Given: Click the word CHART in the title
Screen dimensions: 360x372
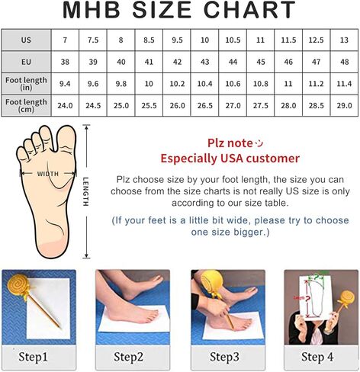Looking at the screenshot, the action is (249, 10).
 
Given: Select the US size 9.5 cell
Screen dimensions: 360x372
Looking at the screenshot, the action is (177, 40).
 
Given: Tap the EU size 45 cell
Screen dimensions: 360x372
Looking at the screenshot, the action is (261, 62).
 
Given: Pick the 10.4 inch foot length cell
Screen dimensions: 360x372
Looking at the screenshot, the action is (204, 84).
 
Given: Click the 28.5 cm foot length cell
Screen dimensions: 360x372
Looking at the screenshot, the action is (317, 106).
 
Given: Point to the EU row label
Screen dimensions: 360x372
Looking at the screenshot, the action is (26, 62).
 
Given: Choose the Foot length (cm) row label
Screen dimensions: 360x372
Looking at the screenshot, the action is (26, 106).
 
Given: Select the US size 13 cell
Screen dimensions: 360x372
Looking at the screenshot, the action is (344, 40).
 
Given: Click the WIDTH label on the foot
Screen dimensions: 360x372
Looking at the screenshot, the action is (48, 174).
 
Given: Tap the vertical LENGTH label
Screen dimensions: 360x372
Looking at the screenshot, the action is (86, 191).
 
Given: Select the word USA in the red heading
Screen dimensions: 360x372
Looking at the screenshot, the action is (232, 159).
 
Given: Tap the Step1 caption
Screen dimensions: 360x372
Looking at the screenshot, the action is (33, 357).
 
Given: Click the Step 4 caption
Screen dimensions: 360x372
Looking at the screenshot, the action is (317, 357).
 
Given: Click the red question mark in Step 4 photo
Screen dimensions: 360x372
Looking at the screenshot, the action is (308, 299).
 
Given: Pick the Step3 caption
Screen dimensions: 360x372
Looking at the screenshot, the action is (224, 357).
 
